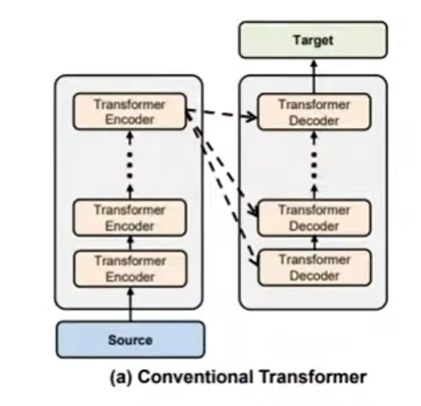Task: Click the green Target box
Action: click(313, 40)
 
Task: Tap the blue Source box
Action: click(130, 340)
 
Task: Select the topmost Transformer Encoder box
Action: click(129, 112)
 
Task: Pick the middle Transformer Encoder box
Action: click(129, 218)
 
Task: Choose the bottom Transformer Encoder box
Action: click(130, 268)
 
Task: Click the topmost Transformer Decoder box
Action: click(314, 112)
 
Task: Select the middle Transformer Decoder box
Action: click(314, 218)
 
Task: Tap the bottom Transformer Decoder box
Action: click(315, 267)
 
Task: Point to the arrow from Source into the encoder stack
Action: click(131, 304)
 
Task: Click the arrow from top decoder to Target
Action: click(314, 76)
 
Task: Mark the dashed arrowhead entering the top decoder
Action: click(250, 116)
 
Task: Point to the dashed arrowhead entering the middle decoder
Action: click(252, 211)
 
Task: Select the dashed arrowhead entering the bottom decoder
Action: click(254, 260)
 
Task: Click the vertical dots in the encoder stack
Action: click(130, 165)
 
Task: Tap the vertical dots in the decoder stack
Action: click(314, 165)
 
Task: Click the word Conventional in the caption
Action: click(195, 376)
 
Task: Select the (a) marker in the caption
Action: click(121, 377)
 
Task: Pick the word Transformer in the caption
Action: click(313, 376)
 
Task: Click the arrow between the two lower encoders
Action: click(131, 243)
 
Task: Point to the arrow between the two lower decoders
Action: click(315, 243)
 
